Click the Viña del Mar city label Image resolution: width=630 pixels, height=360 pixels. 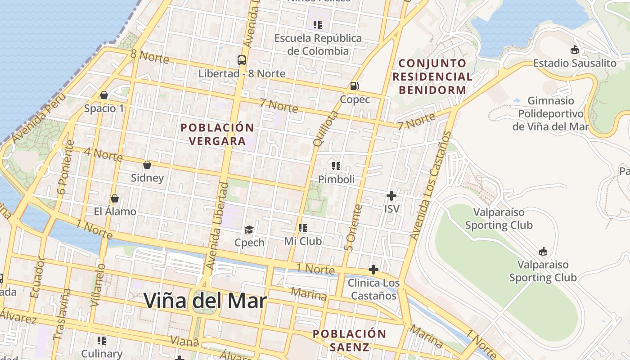[205, 301]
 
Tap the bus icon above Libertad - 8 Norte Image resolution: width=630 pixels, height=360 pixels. [242, 60]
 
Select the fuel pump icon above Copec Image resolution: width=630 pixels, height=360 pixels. [355, 85]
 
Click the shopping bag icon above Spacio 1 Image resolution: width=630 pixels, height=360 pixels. [104, 95]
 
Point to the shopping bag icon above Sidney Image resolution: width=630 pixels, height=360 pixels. [147, 165]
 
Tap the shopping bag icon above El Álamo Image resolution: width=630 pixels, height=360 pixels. [115, 198]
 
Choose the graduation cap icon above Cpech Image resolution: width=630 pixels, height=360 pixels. [249, 230]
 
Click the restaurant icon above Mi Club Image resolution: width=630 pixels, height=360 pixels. [303, 229]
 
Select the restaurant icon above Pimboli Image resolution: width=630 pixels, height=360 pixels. [336, 166]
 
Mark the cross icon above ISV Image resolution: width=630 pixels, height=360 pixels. [391, 196]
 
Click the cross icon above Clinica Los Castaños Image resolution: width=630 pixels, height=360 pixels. [373, 270]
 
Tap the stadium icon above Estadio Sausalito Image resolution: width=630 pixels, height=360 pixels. [575, 50]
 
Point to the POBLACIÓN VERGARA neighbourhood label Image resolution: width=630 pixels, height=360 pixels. [217, 134]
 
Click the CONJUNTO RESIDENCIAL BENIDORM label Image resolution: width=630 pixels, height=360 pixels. [432, 76]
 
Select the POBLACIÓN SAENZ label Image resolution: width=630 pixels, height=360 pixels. [349, 340]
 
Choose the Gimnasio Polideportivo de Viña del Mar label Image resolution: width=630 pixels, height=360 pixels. [550, 114]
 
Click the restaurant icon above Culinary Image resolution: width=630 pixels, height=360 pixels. [102, 341]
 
